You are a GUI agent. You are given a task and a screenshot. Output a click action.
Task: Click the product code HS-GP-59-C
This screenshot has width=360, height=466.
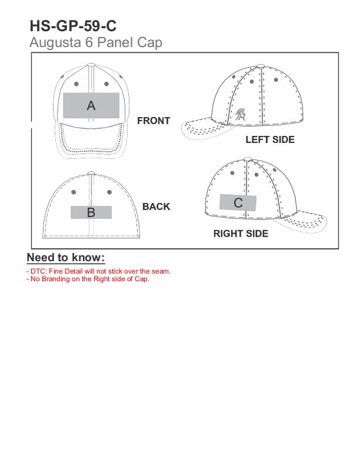pyautogui.click(x=73, y=26)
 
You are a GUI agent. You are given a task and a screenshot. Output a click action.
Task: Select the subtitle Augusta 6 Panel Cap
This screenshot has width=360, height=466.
pyautogui.click(x=96, y=42)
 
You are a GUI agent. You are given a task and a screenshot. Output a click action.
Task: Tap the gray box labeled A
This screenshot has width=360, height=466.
pyautogui.click(x=91, y=105)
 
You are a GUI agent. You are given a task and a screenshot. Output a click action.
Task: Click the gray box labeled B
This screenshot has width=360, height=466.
pyautogui.click(x=91, y=212)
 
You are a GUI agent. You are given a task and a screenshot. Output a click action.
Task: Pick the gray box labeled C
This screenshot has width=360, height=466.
pyautogui.click(x=238, y=202)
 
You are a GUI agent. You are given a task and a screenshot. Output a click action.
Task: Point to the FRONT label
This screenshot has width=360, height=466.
pyautogui.click(x=154, y=121)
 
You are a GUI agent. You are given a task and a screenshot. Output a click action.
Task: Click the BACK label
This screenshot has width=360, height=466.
pyautogui.click(x=156, y=207)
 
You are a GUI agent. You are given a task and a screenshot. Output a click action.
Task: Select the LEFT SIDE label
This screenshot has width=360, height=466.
pyautogui.click(x=270, y=139)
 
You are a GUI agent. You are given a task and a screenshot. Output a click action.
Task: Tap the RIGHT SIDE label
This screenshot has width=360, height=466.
pyautogui.click(x=241, y=234)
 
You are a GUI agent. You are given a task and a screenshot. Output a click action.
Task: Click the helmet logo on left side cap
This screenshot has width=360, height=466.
pyautogui.click(x=241, y=115)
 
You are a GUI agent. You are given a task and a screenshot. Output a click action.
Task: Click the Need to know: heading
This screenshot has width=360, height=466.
pyautogui.click(x=66, y=257)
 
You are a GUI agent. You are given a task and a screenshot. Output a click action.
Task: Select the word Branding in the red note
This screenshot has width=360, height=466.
pyautogui.click(x=55, y=279)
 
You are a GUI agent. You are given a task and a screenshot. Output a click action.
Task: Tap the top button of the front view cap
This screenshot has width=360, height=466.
pyautogui.click(x=91, y=65)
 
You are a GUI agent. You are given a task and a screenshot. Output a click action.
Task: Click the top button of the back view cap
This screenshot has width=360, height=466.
pyautogui.click(x=91, y=172)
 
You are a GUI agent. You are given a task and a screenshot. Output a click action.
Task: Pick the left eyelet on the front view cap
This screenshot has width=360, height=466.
pyautogui.click(x=76, y=84)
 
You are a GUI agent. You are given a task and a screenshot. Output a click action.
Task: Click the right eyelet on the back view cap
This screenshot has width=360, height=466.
pyautogui.click(x=109, y=192)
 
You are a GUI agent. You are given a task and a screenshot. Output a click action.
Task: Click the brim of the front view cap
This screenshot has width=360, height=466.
pyautogui.click(x=91, y=139)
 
